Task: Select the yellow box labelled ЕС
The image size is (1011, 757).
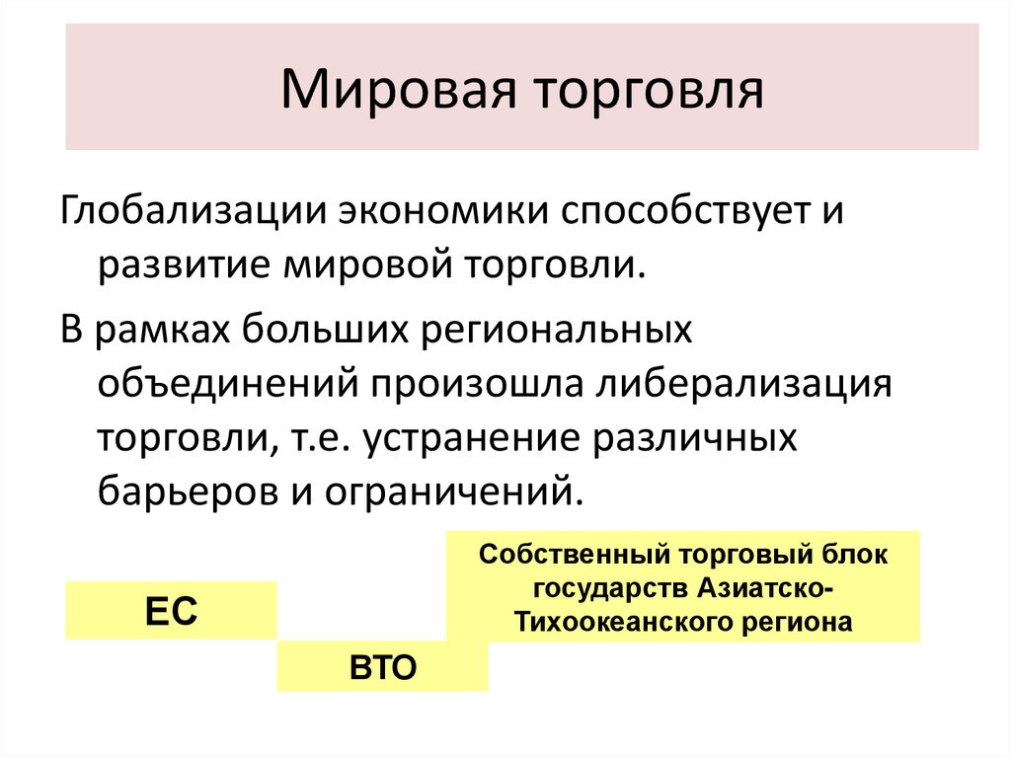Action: pyautogui.click(x=172, y=611)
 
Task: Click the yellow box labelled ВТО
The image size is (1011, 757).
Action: pyautogui.click(x=382, y=666)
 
